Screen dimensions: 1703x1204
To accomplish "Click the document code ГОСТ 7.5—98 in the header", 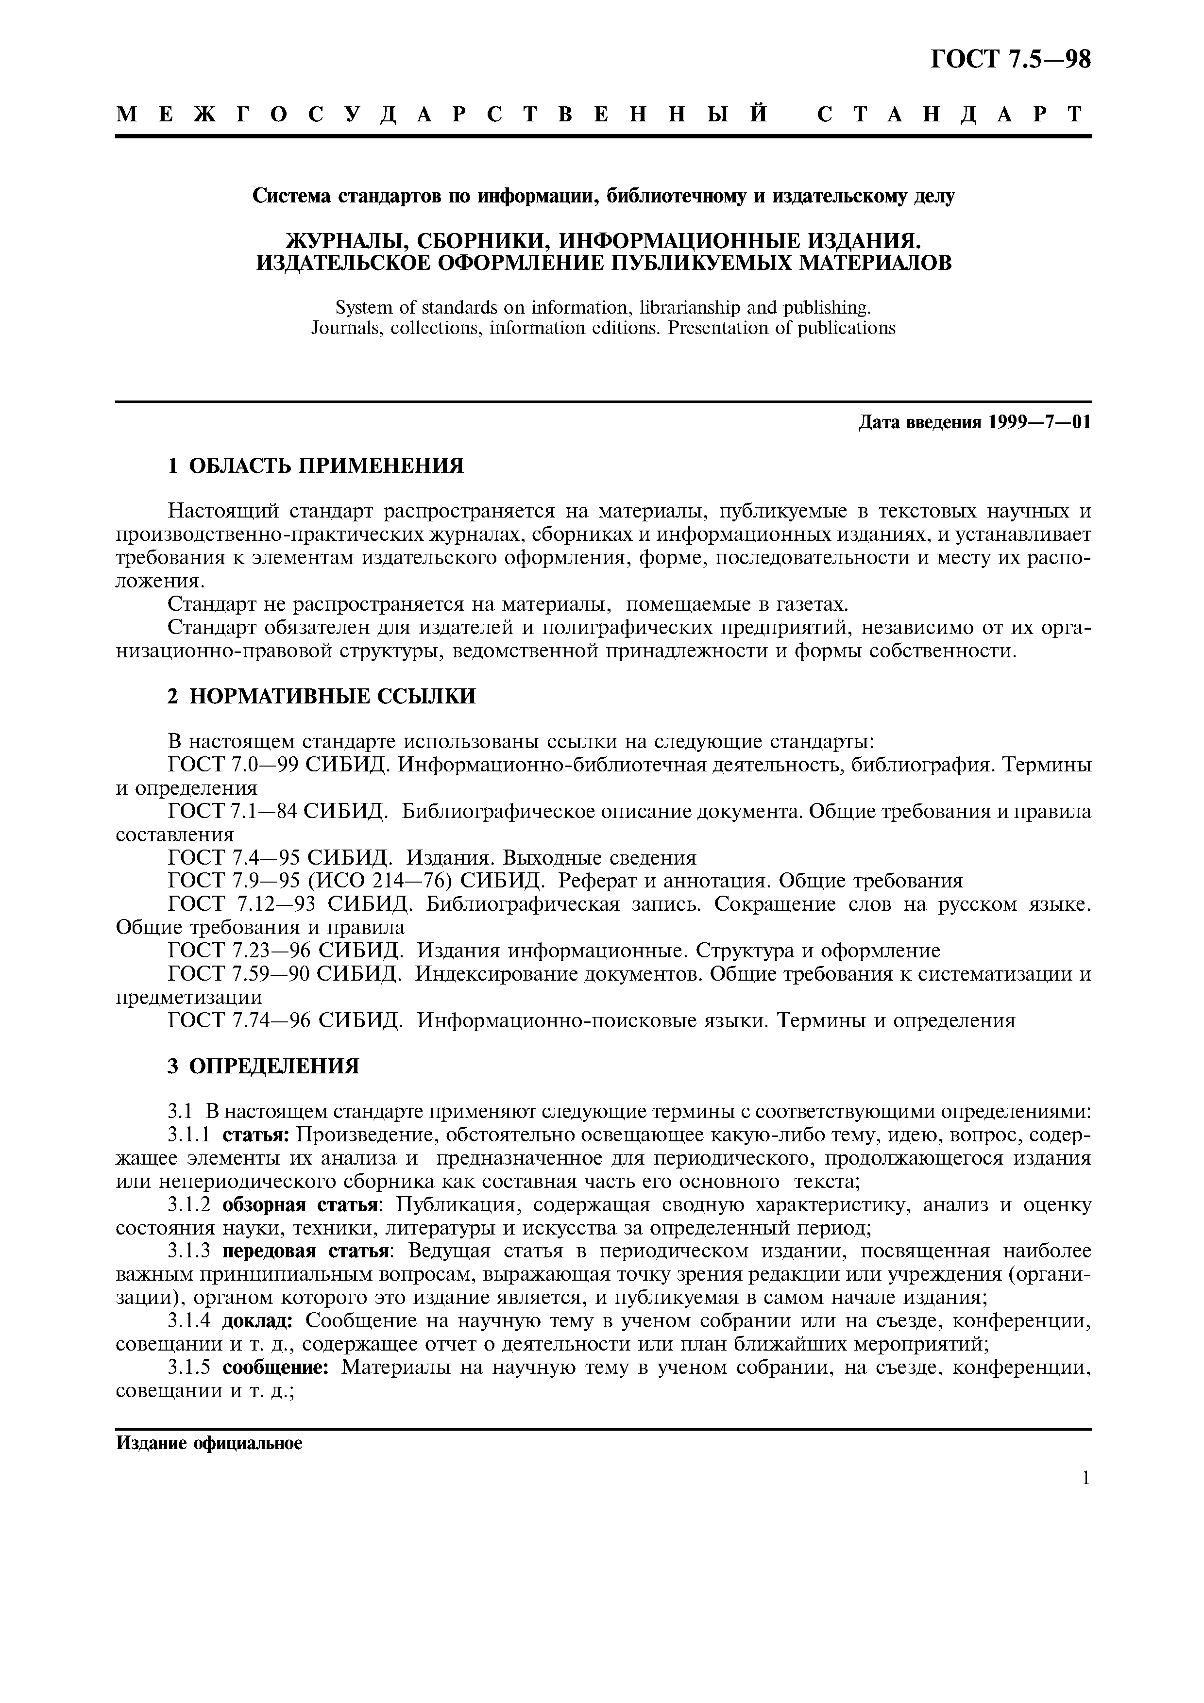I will (x=1010, y=59).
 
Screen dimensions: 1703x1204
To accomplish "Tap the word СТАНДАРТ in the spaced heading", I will (x=952, y=114).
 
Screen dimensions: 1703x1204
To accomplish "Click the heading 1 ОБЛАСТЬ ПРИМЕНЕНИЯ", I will (x=315, y=466).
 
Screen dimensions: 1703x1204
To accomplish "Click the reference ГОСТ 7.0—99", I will (x=233, y=765).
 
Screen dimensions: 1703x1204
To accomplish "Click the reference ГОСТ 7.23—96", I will (x=237, y=951).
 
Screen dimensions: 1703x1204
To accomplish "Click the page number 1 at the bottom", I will (x=1085, y=1500).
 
